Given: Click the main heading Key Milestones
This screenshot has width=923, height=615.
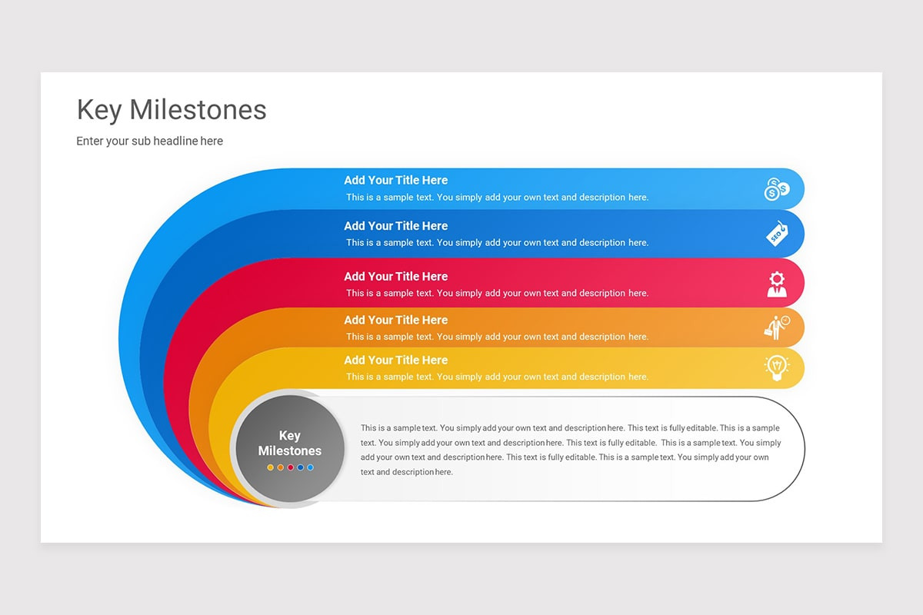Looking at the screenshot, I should (x=172, y=110).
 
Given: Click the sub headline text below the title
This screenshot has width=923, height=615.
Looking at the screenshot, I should (x=149, y=141).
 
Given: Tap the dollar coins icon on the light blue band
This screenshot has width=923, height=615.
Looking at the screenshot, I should (x=776, y=189).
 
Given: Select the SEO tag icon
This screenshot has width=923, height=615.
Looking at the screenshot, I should (x=777, y=234).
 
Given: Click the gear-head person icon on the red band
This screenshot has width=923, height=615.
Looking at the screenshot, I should (x=777, y=284).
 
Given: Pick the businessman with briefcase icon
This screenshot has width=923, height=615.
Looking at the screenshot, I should (x=776, y=327).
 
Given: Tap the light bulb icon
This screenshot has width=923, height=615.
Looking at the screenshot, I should (x=777, y=367).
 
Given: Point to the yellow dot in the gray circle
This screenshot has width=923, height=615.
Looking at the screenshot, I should (x=270, y=467).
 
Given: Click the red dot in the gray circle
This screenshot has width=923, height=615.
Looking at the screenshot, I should (x=291, y=467).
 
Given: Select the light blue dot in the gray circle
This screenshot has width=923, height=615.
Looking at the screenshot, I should (x=310, y=467).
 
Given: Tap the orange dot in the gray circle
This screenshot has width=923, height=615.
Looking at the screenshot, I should (x=281, y=467).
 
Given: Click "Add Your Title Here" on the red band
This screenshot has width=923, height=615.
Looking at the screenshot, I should (x=395, y=277).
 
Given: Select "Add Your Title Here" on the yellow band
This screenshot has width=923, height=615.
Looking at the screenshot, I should (x=395, y=361).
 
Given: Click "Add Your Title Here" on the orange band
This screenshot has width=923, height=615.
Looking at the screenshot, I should (x=395, y=321).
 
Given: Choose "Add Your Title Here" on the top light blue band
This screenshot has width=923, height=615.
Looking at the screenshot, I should (x=395, y=181).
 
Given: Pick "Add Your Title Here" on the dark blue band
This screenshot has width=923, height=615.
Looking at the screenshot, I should (x=395, y=226).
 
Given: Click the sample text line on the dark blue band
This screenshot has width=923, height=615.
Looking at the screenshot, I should (x=497, y=243).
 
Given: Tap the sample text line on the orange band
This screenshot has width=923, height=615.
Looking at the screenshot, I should (x=497, y=337).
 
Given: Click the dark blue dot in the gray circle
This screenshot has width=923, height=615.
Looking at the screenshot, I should (x=300, y=467).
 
